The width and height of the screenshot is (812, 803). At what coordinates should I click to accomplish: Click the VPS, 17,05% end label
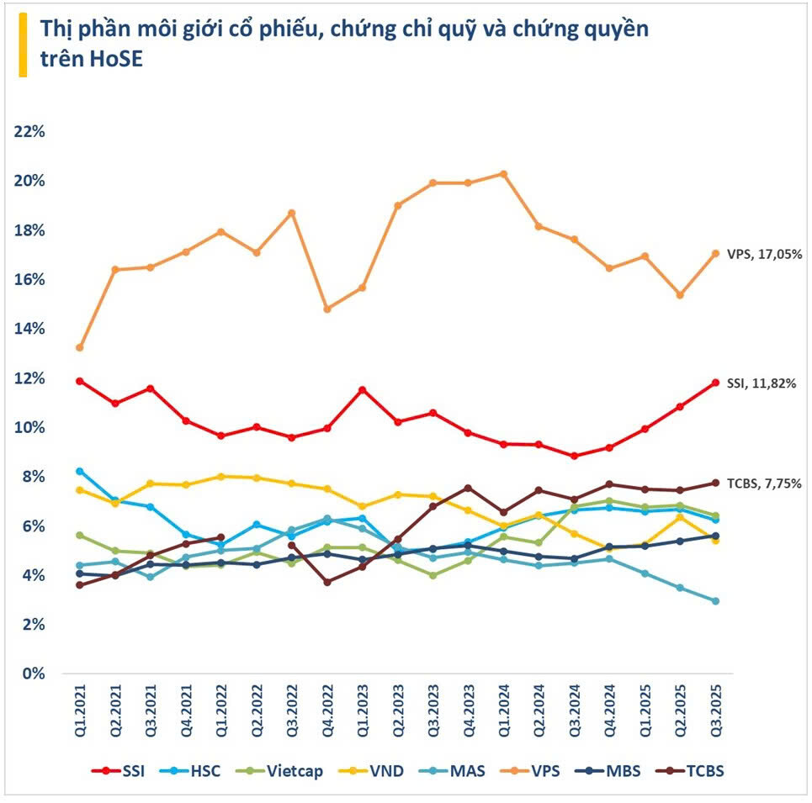tap(764, 253)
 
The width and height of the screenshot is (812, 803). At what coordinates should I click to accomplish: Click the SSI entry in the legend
tap(123, 771)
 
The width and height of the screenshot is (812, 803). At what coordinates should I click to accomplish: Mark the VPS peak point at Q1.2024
tap(503, 174)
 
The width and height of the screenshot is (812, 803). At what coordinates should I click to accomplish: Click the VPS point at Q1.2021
tap(80, 347)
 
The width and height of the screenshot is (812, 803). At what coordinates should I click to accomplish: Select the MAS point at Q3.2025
tap(715, 601)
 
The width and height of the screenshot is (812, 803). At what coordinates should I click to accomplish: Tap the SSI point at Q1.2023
tap(362, 389)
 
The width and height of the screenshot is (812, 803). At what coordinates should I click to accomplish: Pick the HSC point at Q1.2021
tap(80, 471)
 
